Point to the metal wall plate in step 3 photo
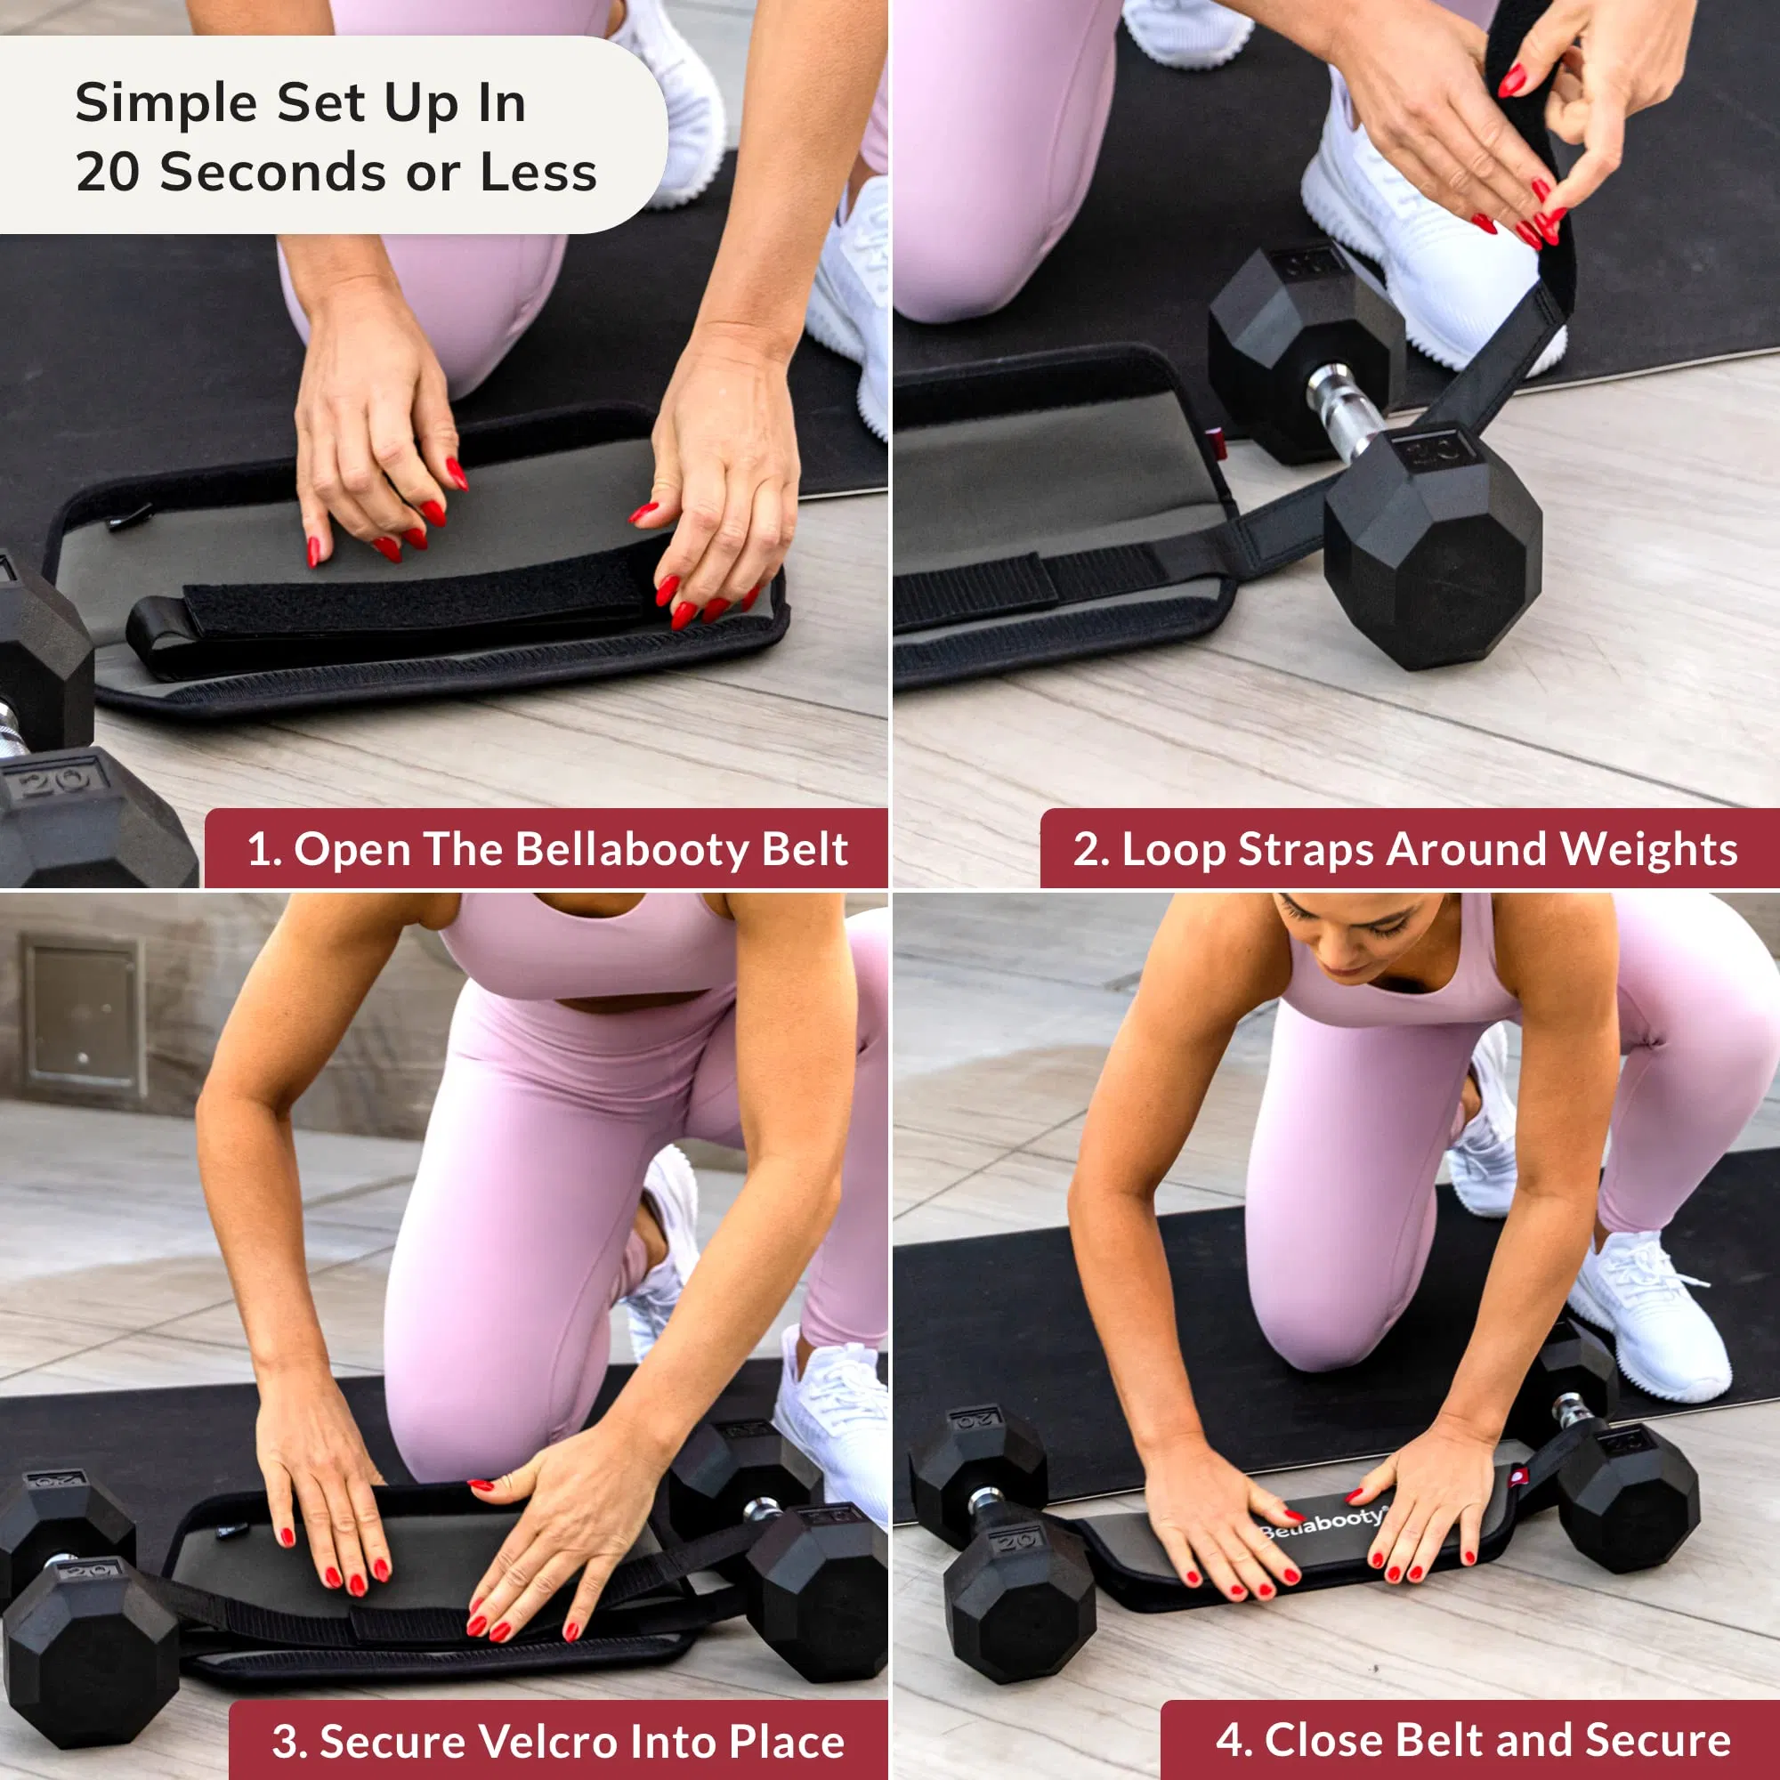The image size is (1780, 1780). [x=83, y=1015]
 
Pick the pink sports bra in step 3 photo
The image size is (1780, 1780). [x=590, y=949]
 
